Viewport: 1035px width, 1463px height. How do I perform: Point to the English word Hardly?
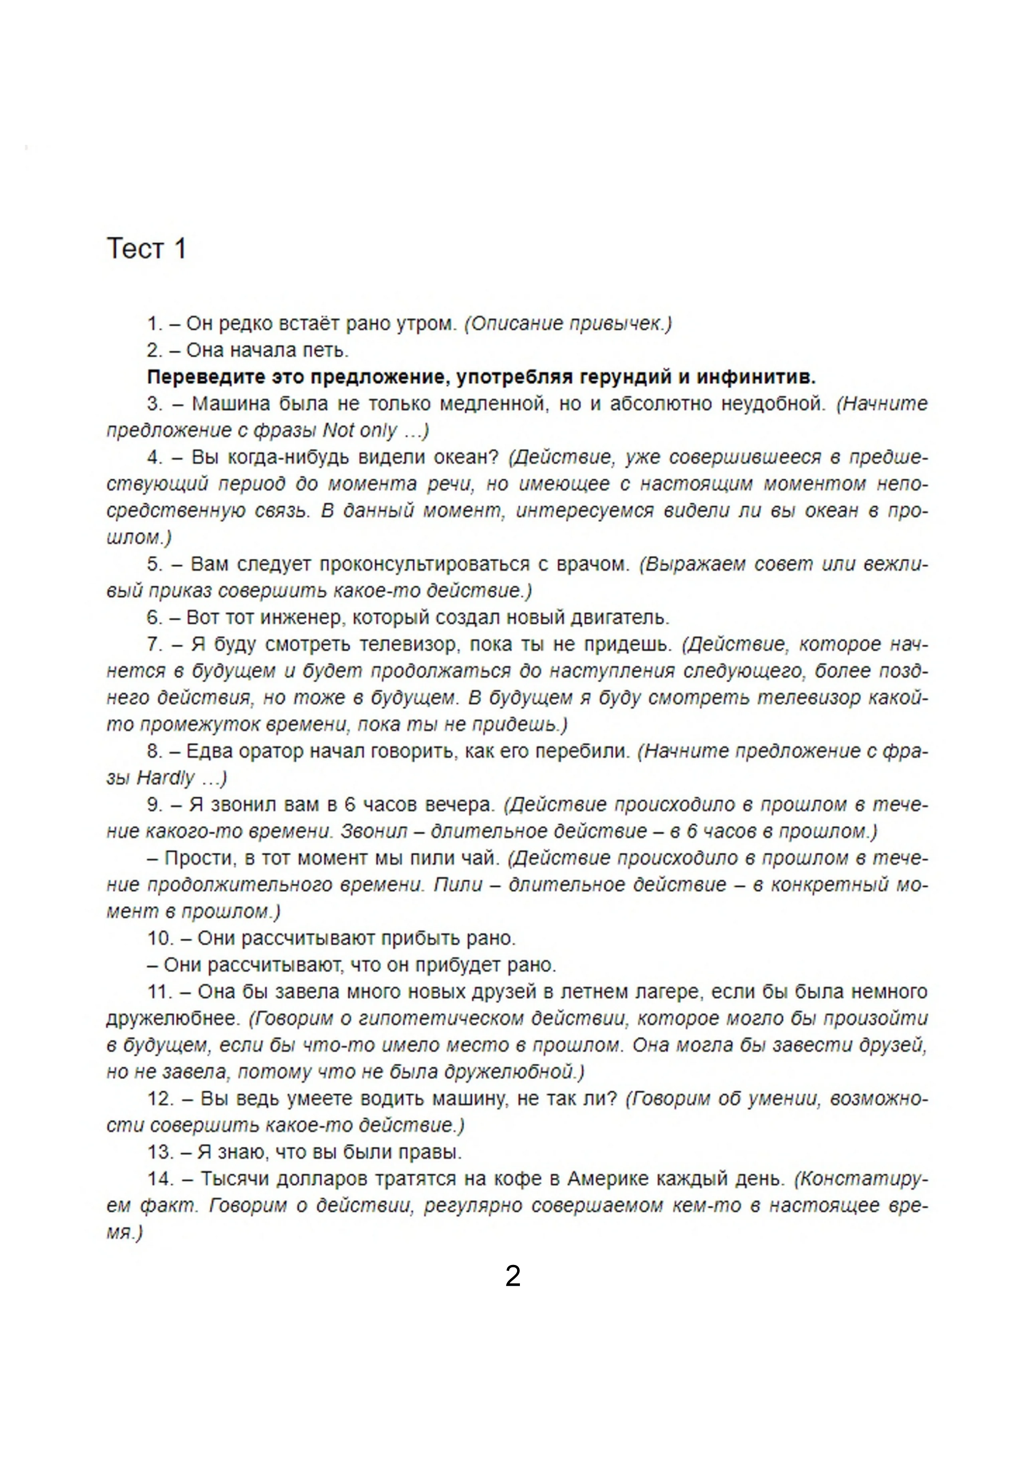(x=165, y=778)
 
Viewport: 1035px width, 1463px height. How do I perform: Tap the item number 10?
(x=161, y=938)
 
